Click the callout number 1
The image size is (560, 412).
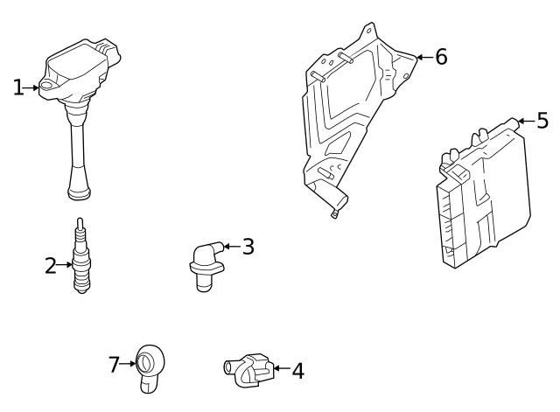pyautogui.click(x=17, y=87)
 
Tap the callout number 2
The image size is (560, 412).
pyautogui.click(x=50, y=265)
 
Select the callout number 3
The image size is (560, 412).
pyautogui.click(x=248, y=247)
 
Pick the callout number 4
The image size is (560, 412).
pyautogui.click(x=297, y=371)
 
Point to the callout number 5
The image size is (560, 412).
pyautogui.click(x=542, y=121)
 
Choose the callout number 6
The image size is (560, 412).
pyautogui.click(x=441, y=57)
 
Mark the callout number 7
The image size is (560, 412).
pyautogui.click(x=114, y=364)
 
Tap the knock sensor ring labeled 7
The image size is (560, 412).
pyautogui.click(x=149, y=362)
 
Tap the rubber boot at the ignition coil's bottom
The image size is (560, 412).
pyautogui.click(x=79, y=185)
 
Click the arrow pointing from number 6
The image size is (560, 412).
pyautogui.click(x=422, y=58)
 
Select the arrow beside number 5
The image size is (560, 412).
pyautogui.click(x=524, y=121)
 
